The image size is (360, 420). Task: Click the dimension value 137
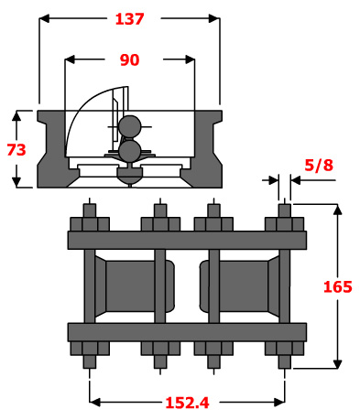pyautogui.click(x=129, y=19)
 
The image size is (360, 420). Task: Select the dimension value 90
pyautogui.click(x=129, y=59)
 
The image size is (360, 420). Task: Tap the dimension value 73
pyautogui.click(x=16, y=150)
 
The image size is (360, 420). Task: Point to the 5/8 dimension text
pyautogui.click(x=319, y=165)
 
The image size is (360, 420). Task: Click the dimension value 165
pyautogui.click(x=338, y=286)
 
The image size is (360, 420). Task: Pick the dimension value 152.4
pyautogui.click(x=187, y=403)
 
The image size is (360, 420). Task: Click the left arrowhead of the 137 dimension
pyautogui.click(x=45, y=18)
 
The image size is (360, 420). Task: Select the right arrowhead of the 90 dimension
pyautogui.click(x=190, y=59)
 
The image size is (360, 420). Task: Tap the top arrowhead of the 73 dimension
pyautogui.click(x=16, y=115)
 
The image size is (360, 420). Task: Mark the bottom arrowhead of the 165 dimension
pyautogui.click(x=337, y=364)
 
